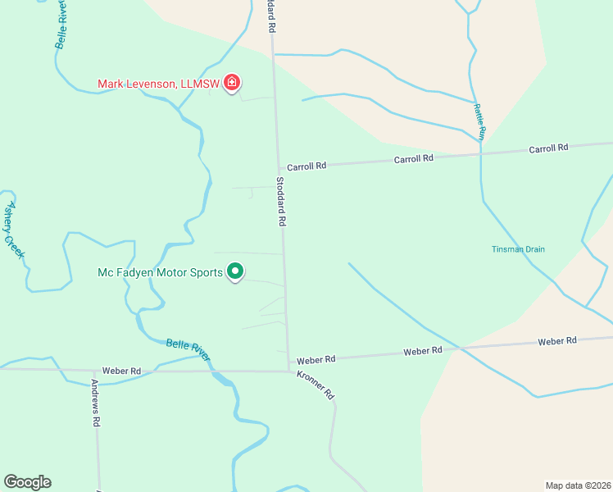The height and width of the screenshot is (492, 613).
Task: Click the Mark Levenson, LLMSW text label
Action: [157, 83]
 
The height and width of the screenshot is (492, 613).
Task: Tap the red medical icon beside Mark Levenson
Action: [232, 82]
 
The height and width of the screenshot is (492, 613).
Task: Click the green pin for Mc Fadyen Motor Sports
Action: [235, 271]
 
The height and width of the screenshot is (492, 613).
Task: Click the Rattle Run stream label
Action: [480, 121]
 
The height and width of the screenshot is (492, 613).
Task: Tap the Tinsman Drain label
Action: [518, 249]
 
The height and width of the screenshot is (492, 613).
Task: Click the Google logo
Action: [27, 482]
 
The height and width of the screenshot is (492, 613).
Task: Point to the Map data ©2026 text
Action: [578, 485]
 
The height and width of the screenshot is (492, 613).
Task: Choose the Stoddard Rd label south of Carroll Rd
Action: [280, 202]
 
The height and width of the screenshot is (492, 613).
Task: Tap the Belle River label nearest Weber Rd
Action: [188, 349]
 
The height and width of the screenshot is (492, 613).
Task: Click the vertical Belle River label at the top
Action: [62, 25]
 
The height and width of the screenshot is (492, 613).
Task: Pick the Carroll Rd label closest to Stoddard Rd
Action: [306, 166]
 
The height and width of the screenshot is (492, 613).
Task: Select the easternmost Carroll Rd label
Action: [548, 148]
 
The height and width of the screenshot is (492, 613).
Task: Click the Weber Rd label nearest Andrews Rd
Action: [121, 371]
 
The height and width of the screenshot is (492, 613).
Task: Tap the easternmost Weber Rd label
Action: [557, 340]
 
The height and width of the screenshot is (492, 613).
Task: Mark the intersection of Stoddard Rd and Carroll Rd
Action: [276, 167]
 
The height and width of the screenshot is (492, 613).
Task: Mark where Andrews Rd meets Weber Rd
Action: [93, 371]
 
